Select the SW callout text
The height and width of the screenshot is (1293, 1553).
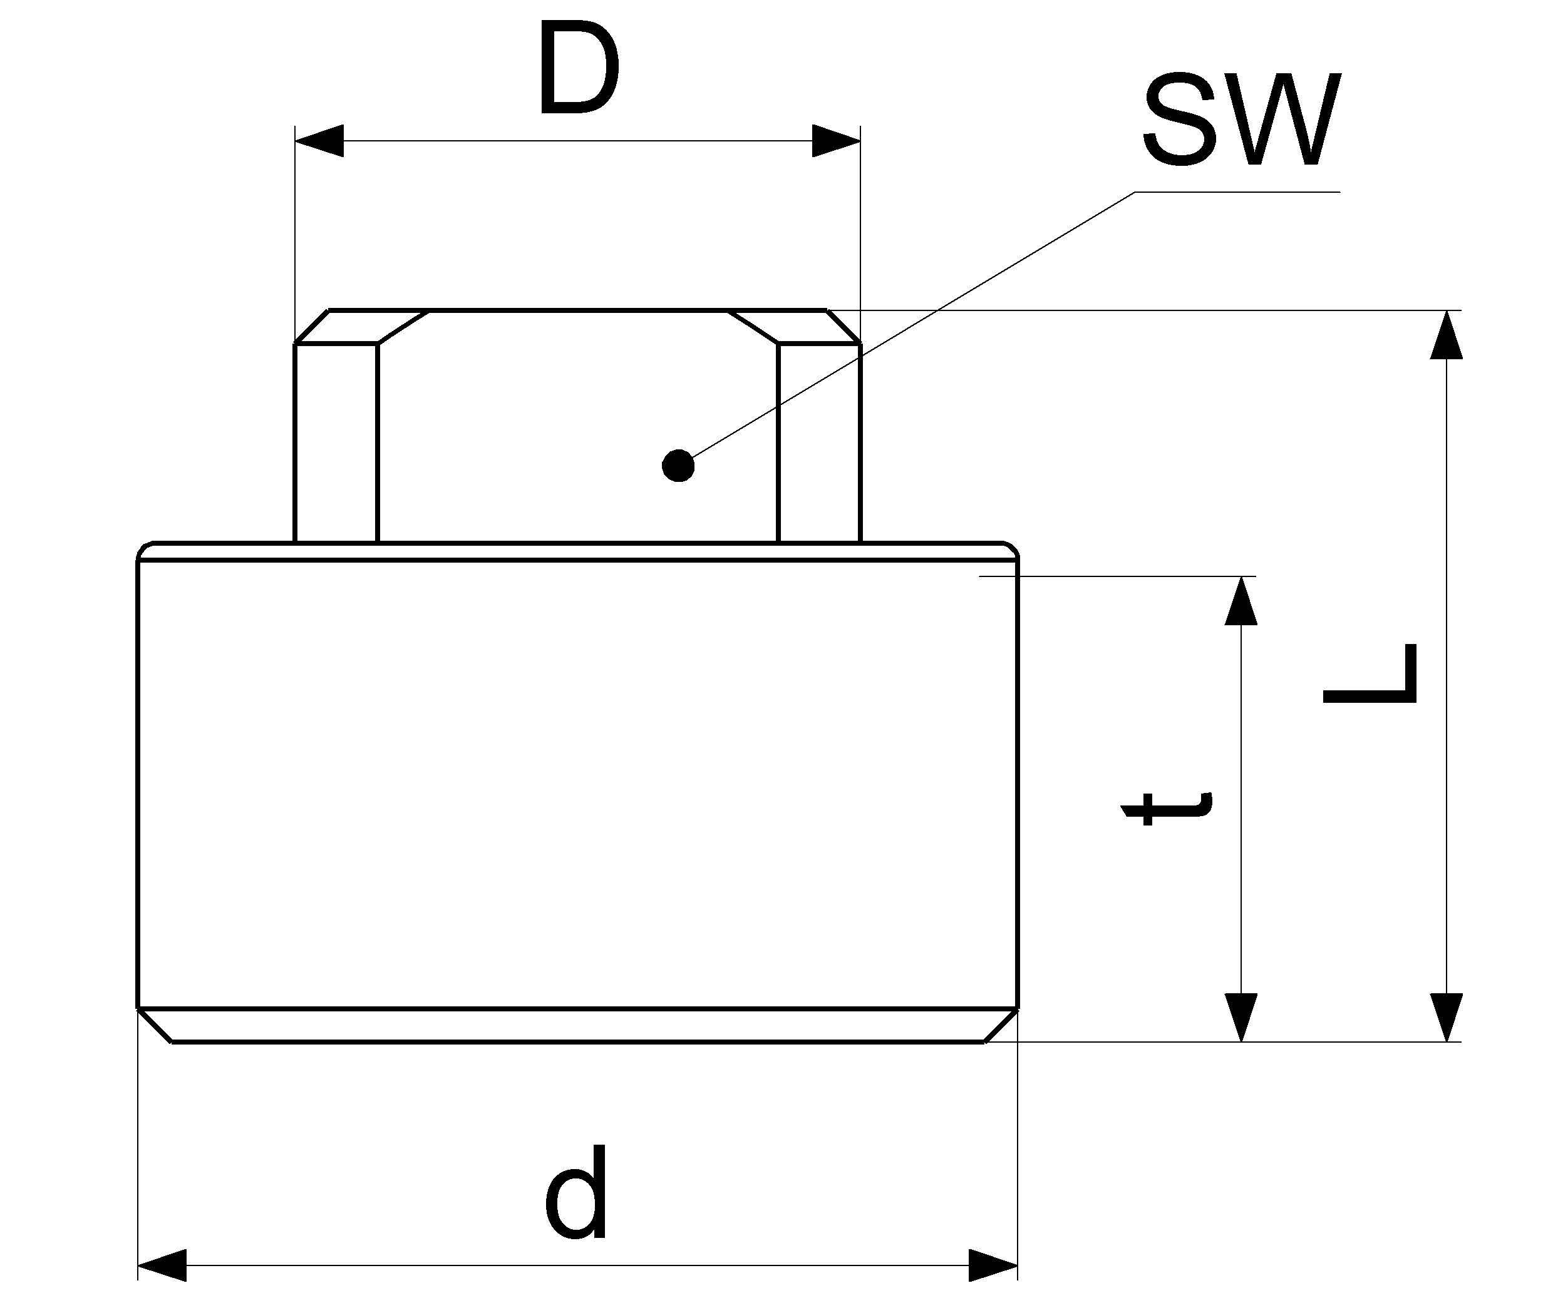tap(1242, 118)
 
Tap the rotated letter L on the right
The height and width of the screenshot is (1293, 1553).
tap(1370, 673)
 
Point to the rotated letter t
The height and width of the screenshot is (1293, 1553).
tap(1168, 809)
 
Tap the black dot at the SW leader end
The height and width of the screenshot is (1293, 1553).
tap(678, 466)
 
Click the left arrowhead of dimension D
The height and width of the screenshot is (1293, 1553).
tap(319, 140)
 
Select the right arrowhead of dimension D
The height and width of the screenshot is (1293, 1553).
tap(837, 140)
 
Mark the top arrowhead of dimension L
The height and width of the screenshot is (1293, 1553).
tap(1446, 334)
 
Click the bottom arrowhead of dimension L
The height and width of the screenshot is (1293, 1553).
tap(1446, 1018)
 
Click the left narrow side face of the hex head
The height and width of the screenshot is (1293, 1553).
tap(336, 443)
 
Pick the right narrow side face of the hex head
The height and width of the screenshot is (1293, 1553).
tap(819, 443)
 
